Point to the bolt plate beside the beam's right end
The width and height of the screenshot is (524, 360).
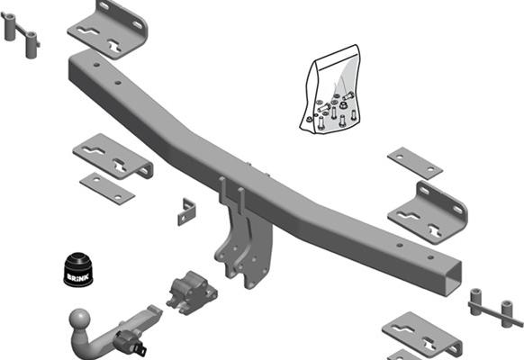tap(494, 309)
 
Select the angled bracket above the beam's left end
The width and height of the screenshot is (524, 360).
tap(107, 28)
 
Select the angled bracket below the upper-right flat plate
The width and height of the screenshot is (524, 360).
tap(428, 212)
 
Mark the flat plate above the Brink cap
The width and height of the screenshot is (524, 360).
tap(107, 187)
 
